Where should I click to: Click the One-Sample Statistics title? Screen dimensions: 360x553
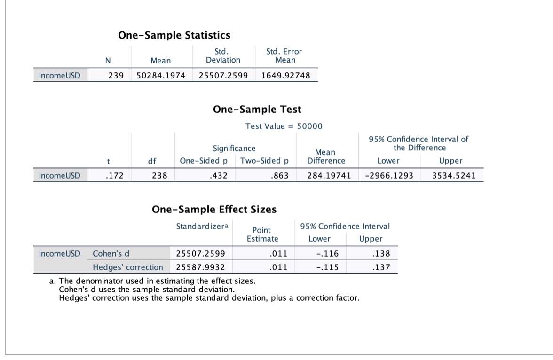tap(174, 35)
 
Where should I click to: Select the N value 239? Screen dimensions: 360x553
tap(116, 76)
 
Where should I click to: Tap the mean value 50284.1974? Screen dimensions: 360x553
tap(161, 76)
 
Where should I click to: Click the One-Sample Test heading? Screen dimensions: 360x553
tap(257, 110)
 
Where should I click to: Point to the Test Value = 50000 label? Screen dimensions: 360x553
tap(284, 126)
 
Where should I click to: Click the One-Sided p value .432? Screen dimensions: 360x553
tap(220, 176)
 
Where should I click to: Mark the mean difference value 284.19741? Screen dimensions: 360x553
tap(329, 176)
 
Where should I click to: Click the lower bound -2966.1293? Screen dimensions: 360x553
tap(389, 176)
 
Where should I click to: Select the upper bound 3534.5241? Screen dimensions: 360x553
tap(454, 176)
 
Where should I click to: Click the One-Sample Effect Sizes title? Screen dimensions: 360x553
tap(214, 209)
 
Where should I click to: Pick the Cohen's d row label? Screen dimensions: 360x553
tap(111, 254)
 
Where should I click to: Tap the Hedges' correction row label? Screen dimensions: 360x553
tap(128, 267)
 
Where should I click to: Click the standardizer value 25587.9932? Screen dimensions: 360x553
tap(200, 267)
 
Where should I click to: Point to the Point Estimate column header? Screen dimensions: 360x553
tap(262, 234)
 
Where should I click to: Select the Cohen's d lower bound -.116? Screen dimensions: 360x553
tap(328, 254)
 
